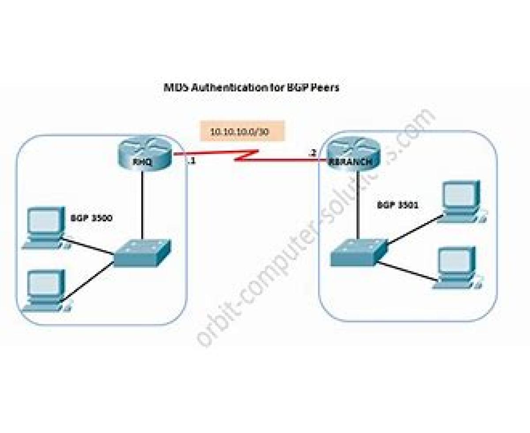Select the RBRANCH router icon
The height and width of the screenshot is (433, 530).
[x=354, y=156]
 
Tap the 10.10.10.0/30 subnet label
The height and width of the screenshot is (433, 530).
[x=240, y=132]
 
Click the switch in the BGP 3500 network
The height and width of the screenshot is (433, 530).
[x=142, y=254]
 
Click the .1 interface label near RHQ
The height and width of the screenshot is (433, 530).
[x=191, y=162]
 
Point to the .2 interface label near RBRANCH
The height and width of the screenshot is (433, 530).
[x=312, y=153]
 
